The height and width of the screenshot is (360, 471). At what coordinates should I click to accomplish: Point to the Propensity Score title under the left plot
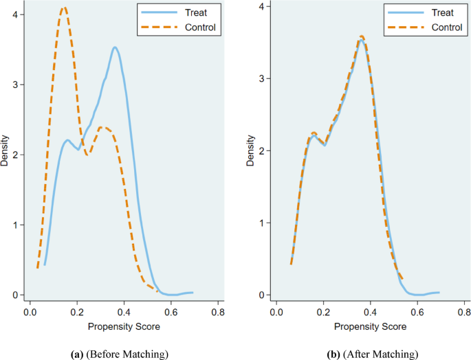click(x=124, y=328)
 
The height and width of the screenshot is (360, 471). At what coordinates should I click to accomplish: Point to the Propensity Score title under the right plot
click(x=370, y=328)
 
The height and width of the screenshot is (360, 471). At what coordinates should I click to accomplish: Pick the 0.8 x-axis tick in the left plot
click(x=219, y=311)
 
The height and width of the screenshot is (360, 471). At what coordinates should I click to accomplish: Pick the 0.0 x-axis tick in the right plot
click(x=276, y=311)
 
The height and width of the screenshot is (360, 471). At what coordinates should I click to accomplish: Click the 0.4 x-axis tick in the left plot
click(x=124, y=311)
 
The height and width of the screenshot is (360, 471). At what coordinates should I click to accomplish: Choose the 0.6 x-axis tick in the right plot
click(x=417, y=311)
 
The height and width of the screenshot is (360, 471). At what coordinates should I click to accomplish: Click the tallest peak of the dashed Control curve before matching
click(x=64, y=8)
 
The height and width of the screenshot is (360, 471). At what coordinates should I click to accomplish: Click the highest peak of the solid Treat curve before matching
click(x=115, y=47)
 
